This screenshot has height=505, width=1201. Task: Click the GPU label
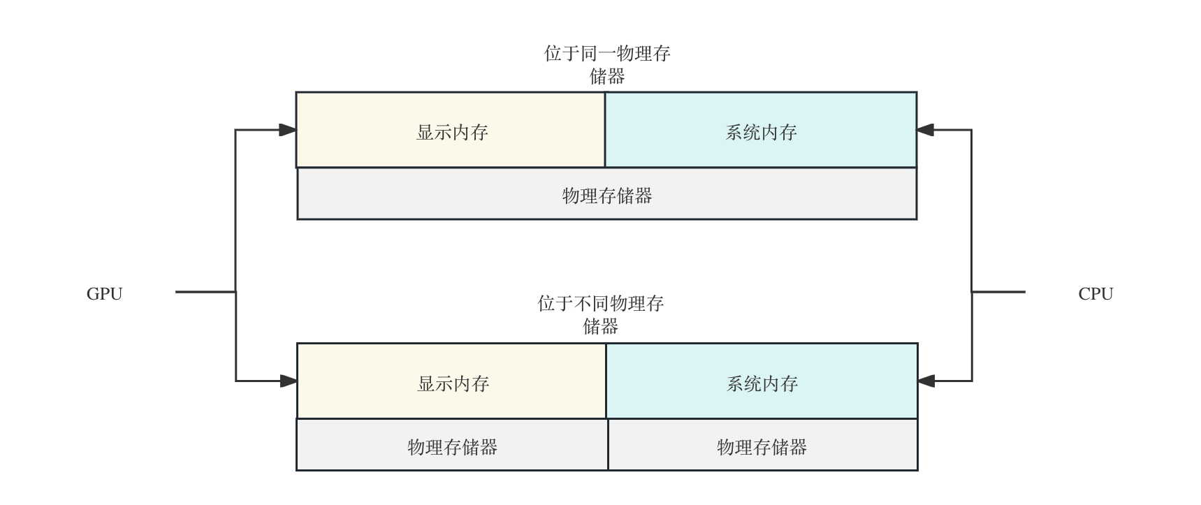click(x=105, y=294)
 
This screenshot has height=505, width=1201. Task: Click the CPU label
click(x=1096, y=294)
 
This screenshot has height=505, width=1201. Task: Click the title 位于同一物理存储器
click(x=607, y=65)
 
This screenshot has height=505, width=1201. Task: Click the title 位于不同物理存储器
click(x=601, y=315)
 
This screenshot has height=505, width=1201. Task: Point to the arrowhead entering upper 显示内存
click(x=288, y=130)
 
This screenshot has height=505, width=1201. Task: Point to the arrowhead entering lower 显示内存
click(x=289, y=381)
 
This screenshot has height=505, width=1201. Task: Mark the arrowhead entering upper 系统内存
click(x=926, y=130)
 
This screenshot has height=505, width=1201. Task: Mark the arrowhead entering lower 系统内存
click(x=926, y=381)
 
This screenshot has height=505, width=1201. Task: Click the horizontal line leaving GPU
click(x=205, y=292)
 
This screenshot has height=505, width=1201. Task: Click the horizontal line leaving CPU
click(x=999, y=292)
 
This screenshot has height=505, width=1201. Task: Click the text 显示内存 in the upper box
click(x=452, y=132)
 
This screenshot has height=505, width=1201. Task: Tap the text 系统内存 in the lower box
click(x=762, y=383)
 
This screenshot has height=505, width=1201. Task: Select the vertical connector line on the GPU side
click(x=236, y=210)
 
